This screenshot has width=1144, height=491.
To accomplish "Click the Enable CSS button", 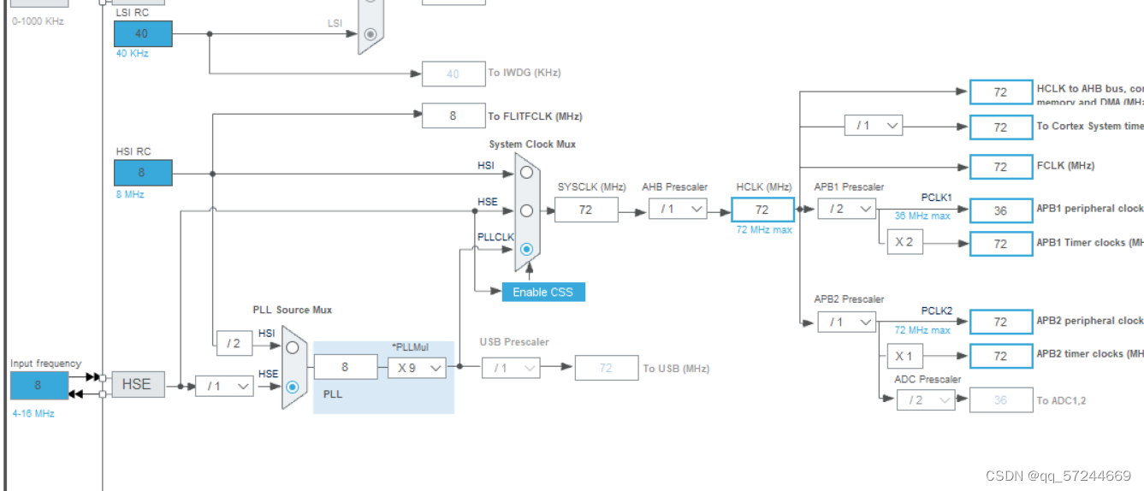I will pyautogui.click(x=542, y=292).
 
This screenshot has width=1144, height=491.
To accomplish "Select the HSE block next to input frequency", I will pyautogui.click(x=137, y=384).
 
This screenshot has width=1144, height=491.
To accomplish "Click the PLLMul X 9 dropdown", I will pyautogui.click(x=417, y=367).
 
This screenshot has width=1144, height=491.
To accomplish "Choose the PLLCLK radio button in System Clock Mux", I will pyautogui.click(x=526, y=249).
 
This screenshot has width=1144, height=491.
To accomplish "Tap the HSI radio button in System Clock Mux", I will pyautogui.click(x=526, y=172).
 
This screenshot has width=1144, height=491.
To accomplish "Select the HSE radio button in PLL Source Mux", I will pyautogui.click(x=293, y=387).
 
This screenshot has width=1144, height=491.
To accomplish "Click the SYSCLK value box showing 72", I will pyautogui.click(x=585, y=209).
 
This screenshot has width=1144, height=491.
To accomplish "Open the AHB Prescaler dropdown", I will pyautogui.click(x=678, y=209).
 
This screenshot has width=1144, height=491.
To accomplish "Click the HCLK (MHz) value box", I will pyautogui.click(x=762, y=210).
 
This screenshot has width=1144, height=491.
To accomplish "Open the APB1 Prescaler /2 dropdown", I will pyautogui.click(x=846, y=209).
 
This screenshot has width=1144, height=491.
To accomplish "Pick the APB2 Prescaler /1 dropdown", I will pyautogui.click(x=846, y=322).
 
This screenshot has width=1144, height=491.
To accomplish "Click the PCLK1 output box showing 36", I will pyautogui.click(x=1000, y=210).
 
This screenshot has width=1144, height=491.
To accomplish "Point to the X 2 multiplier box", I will pyautogui.click(x=904, y=242).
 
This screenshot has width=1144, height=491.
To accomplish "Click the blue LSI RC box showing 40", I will pyautogui.click(x=143, y=33).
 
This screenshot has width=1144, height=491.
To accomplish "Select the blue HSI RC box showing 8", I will pyautogui.click(x=143, y=173).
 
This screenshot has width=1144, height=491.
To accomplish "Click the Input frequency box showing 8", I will pyautogui.click(x=39, y=386).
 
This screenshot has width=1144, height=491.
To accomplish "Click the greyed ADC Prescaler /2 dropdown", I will pyautogui.click(x=925, y=399).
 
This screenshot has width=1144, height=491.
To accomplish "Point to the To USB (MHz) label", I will pyautogui.click(x=676, y=369).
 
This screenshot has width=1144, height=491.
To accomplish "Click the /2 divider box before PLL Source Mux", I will pyautogui.click(x=234, y=343).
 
